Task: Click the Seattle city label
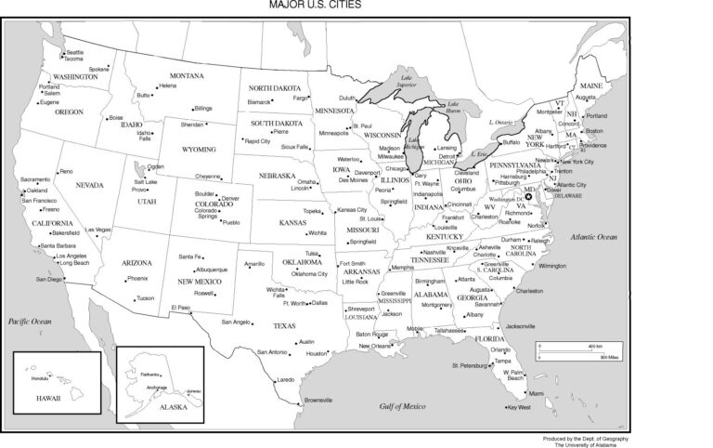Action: [x=75, y=52]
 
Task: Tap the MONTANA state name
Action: [x=187, y=75]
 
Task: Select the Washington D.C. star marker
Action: [x=529, y=196]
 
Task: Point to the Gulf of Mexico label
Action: [x=402, y=406]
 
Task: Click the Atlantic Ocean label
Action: [x=595, y=238]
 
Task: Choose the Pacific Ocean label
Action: [x=29, y=320]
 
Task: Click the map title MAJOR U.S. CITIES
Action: [x=316, y=5]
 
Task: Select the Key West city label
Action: [x=519, y=406]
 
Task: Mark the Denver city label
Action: [x=230, y=198]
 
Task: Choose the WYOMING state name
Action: [x=199, y=149]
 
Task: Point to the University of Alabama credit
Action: [x=587, y=443]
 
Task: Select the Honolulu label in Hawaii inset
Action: [x=39, y=378]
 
